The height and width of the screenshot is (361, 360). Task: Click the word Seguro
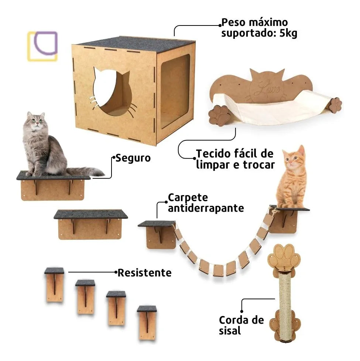(x=133, y=159)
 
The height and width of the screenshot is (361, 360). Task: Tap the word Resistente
(x=144, y=273)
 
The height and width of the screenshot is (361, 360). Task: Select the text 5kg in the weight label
(x=288, y=33)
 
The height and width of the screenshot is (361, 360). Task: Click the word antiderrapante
(x=206, y=208)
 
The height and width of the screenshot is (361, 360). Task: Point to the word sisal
(x=230, y=331)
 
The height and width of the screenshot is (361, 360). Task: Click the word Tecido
(x=213, y=154)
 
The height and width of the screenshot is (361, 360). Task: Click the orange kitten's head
(x=294, y=158)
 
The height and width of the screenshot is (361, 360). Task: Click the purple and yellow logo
(x=42, y=46)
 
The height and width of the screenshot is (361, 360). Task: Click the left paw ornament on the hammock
(x=219, y=115)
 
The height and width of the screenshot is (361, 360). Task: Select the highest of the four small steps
(x=54, y=285)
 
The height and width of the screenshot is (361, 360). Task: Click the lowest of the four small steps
(x=147, y=323)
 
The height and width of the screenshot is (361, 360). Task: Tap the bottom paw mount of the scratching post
(x=285, y=326)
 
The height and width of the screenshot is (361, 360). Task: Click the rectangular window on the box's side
(x=175, y=91)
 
